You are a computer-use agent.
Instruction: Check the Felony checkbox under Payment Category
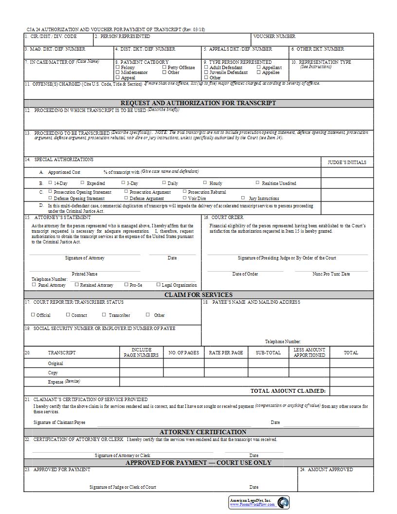pyautogui.click(x=117, y=67)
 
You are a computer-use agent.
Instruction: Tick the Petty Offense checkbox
pyautogui.click(x=164, y=67)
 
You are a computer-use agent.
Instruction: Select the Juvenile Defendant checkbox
pyautogui.click(x=206, y=72)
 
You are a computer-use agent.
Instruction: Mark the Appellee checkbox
pyautogui.click(x=259, y=72)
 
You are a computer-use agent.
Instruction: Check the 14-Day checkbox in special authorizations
pyautogui.click(x=50, y=183)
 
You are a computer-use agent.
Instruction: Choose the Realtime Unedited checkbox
pyautogui.click(x=257, y=183)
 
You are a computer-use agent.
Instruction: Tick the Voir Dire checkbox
pyautogui.click(x=184, y=198)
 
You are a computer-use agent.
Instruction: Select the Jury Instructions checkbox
pyautogui.click(x=243, y=198)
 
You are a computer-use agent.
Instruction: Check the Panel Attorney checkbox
pyautogui.click(x=34, y=285)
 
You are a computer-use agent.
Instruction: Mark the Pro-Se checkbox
pyautogui.click(x=126, y=285)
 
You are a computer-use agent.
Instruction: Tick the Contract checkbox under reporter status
pyautogui.click(x=68, y=315)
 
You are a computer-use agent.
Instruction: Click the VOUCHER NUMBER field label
pyautogui.click(x=274, y=37)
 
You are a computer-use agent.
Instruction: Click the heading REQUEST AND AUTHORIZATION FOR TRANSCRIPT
pyautogui.click(x=198, y=103)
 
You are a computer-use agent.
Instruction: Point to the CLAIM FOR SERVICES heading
pyautogui.click(x=198, y=294)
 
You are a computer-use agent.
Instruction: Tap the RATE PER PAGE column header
pyautogui.click(x=226, y=352)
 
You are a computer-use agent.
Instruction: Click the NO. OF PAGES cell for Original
pyautogui.click(x=183, y=363)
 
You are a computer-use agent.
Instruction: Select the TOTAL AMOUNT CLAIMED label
pyautogui.click(x=288, y=391)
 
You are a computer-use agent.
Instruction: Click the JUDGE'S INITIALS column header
pyautogui.click(x=347, y=162)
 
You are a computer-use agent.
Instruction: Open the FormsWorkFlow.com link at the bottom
pyautogui.click(x=252, y=504)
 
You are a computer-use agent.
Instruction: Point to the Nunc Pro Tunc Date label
pyautogui.click(x=331, y=274)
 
